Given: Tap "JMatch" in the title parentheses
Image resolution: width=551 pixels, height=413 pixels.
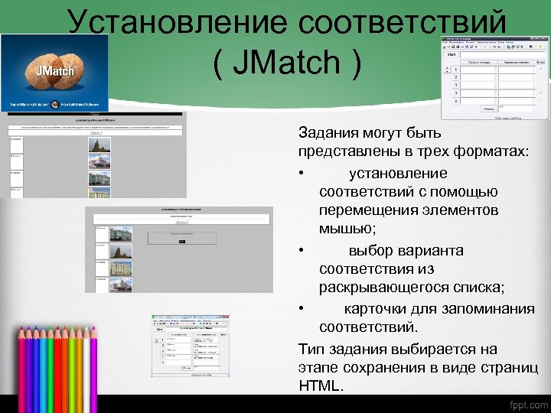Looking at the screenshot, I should tap(286, 63).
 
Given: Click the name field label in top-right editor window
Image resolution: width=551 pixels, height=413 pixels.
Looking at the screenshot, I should tap(452, 54).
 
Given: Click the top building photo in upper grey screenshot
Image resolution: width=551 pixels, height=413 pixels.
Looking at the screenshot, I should tap(99, 144).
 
